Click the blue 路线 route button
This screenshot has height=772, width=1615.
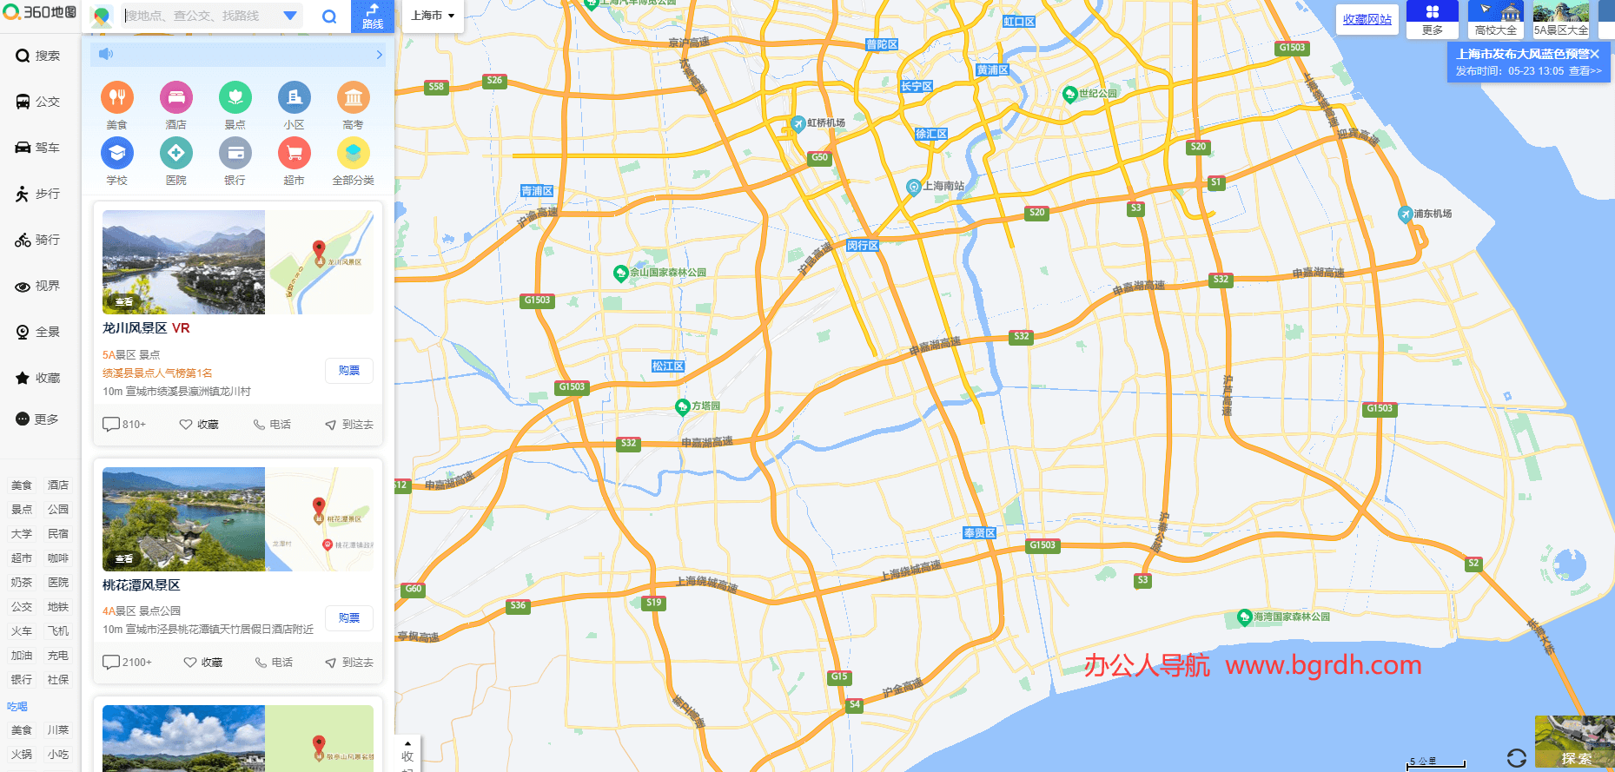click(372, 16)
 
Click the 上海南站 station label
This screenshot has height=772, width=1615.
click(943, 186)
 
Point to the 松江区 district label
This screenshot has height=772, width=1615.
click(668, 366)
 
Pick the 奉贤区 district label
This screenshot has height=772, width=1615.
click(980, 533)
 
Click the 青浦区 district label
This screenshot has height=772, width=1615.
click(537, 191)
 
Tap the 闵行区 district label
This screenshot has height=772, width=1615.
click(863, 246)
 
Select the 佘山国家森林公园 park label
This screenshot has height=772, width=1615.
click(667, 273)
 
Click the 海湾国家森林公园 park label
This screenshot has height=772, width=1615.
click(1291, 617)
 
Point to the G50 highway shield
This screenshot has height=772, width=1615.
click(819, 158)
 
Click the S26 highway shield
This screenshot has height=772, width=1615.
click(494, 81)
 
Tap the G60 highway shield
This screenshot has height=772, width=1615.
click(414, 589)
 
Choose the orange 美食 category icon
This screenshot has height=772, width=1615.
click(117, 98)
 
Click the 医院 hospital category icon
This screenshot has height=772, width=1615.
click(176, 154)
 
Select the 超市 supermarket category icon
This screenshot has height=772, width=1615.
click(295, 154)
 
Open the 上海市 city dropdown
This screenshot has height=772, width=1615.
click(433, 16)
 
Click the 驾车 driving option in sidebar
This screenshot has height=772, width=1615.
click(38, 148)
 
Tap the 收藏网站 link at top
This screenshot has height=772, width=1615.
click(1367, 19)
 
